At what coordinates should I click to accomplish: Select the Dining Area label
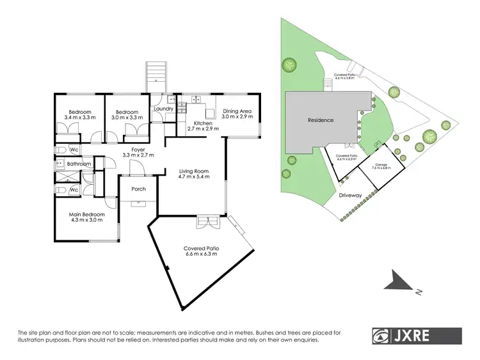237,111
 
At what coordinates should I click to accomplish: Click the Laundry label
164,109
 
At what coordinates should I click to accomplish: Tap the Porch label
138,189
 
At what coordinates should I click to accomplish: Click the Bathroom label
80,164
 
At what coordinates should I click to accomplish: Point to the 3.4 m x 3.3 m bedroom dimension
80,118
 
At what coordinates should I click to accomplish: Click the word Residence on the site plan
321,120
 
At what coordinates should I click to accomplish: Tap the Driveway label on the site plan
350,195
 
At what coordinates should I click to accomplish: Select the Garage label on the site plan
381,165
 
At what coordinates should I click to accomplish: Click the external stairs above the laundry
156,77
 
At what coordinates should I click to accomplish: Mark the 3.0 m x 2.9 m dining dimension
237,118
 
